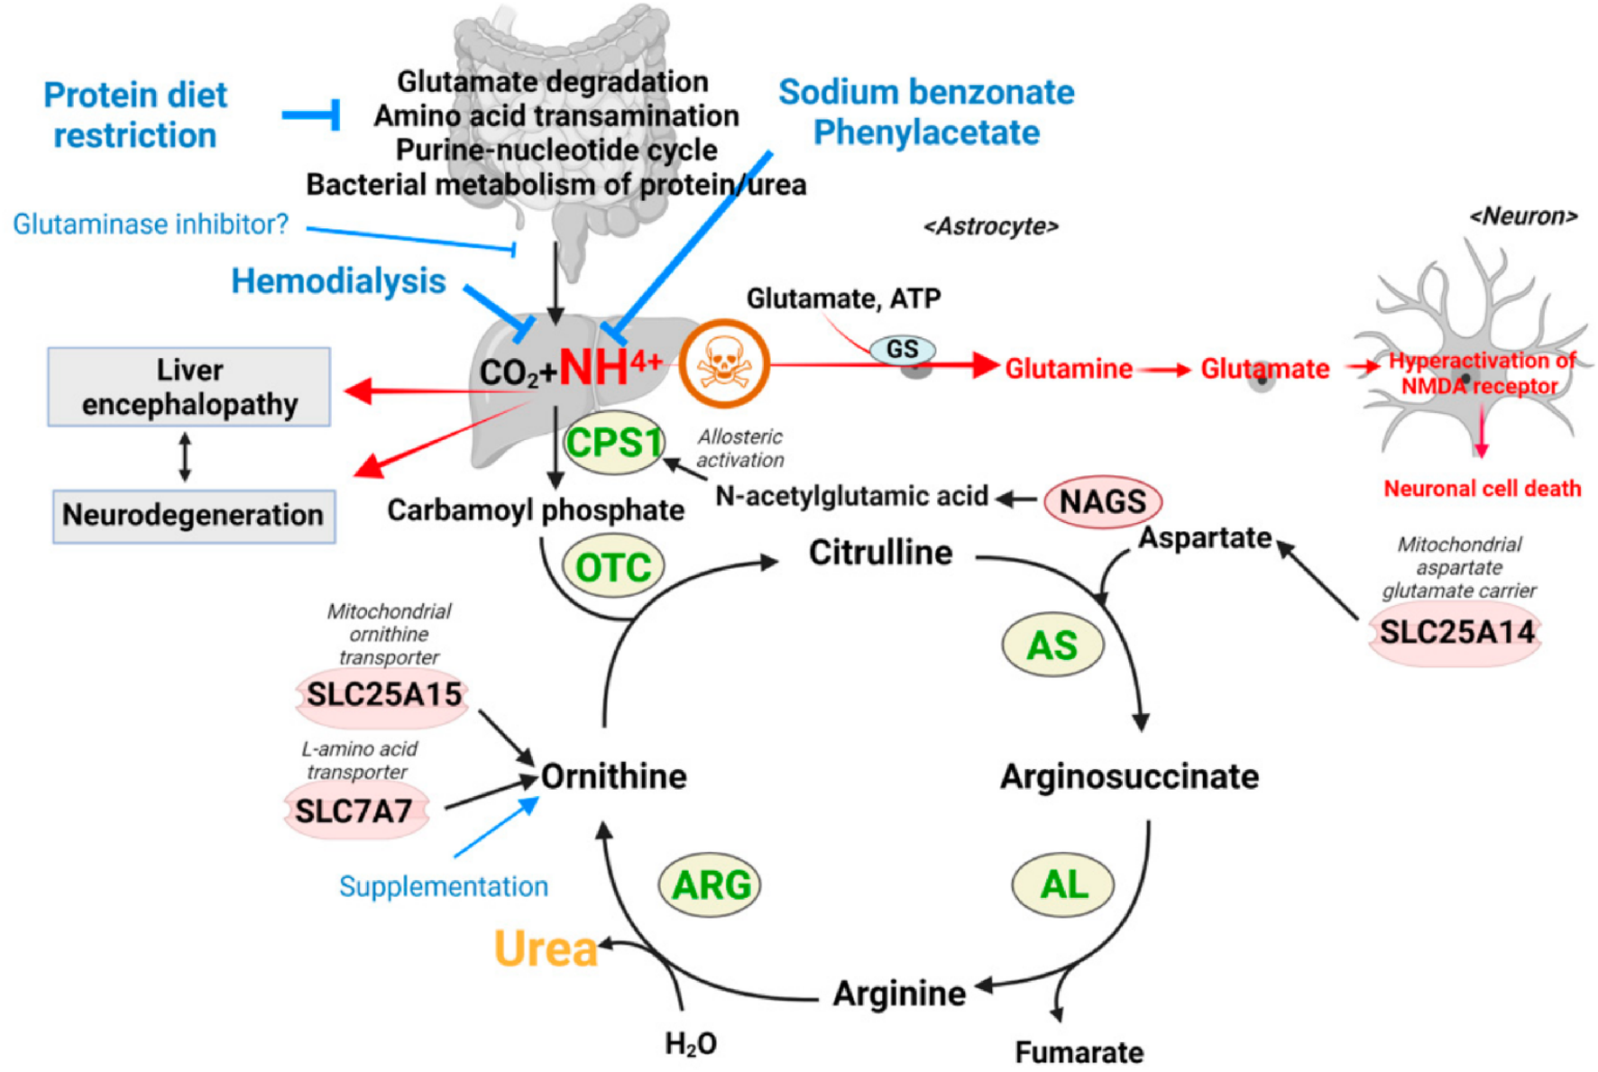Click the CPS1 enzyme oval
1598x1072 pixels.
point(614,443)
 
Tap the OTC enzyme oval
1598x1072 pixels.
point(613,567)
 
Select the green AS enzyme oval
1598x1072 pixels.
point(1052,645)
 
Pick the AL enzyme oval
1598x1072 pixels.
point(1063,884)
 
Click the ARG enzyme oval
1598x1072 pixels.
point(711,884)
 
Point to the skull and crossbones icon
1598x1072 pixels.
point(723,363)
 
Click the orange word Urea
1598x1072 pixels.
point(546,948)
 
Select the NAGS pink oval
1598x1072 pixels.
point(1102,501)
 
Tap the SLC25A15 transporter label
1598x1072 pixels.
point(383,695)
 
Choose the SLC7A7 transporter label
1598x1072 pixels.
point(354,811)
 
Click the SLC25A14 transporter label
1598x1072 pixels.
point(1456,632)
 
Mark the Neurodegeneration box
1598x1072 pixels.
point(193,515)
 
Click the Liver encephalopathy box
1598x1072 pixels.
point(189,387)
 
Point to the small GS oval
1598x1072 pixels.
point(903,350)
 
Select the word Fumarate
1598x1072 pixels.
point(1079,1051)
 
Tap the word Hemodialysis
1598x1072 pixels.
point(338,281)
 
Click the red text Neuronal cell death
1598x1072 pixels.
point(1482,489)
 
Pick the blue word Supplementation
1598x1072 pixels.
point(443,886)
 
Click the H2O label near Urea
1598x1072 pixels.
point(690,1043)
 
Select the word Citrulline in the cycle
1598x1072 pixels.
point(880,552)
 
